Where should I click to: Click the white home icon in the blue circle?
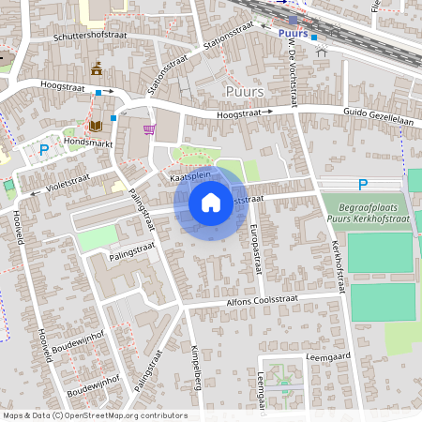tap(211, 203)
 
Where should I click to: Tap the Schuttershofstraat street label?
tap(91, 34)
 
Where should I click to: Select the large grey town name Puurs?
tap(245, 90)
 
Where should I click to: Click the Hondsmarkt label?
tap(87, 141)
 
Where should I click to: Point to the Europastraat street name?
tap(254, 249)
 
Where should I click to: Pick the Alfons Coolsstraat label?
tap(268, 301)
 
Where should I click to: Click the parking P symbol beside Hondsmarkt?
tap(43, 149)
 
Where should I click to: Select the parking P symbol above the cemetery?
tap(363, 185)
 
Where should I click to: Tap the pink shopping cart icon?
tap(148, 129)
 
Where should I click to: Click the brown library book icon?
tap(96, 126)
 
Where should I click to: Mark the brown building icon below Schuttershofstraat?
tap(97, 68)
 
